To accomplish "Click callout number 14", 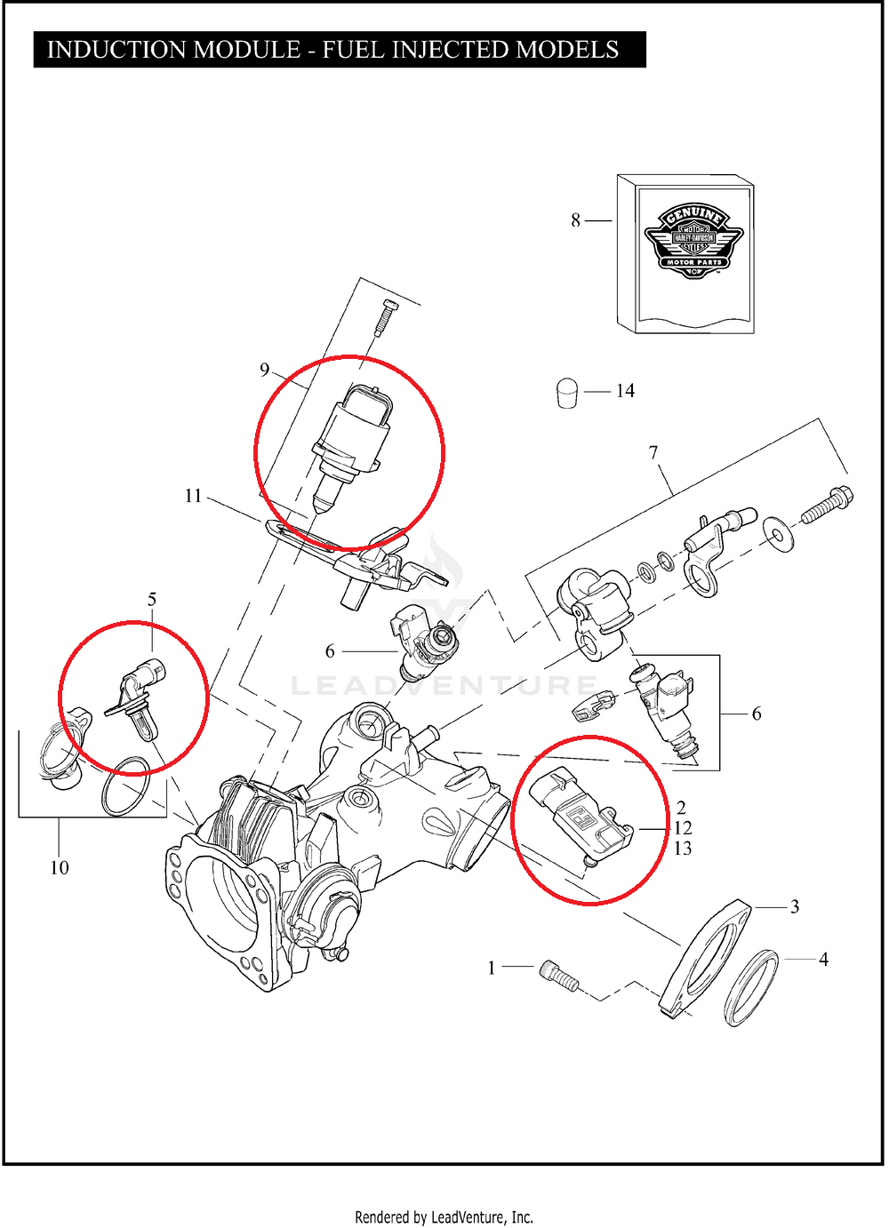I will (x=625, y=391).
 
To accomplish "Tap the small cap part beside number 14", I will (x=567, y=393).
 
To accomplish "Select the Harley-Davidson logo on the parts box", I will (x=693, y=240).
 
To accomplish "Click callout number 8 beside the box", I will (x=575, y=220).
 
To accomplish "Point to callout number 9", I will (x=264, y=370).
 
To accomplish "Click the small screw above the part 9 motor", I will (x=387, y=317).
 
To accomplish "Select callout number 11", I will (x=193, y=496).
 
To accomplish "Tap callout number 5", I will (x=152, y=600).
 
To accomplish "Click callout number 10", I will (x=60, y=868).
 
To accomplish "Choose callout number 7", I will (x=653, y=452).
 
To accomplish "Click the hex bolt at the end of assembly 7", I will (x=827, y=505).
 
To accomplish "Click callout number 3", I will (x=795, y=907).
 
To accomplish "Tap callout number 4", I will (x=823, y=960).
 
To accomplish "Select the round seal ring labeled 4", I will (x=751, y=988).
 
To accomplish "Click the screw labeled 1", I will (x=559, y=977).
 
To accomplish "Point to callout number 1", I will (x=492, y=968).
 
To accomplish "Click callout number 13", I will (x=683, y=849).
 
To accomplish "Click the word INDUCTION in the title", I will (x=116, y=50).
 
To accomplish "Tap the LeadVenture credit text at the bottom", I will (x=444, y=1217).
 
